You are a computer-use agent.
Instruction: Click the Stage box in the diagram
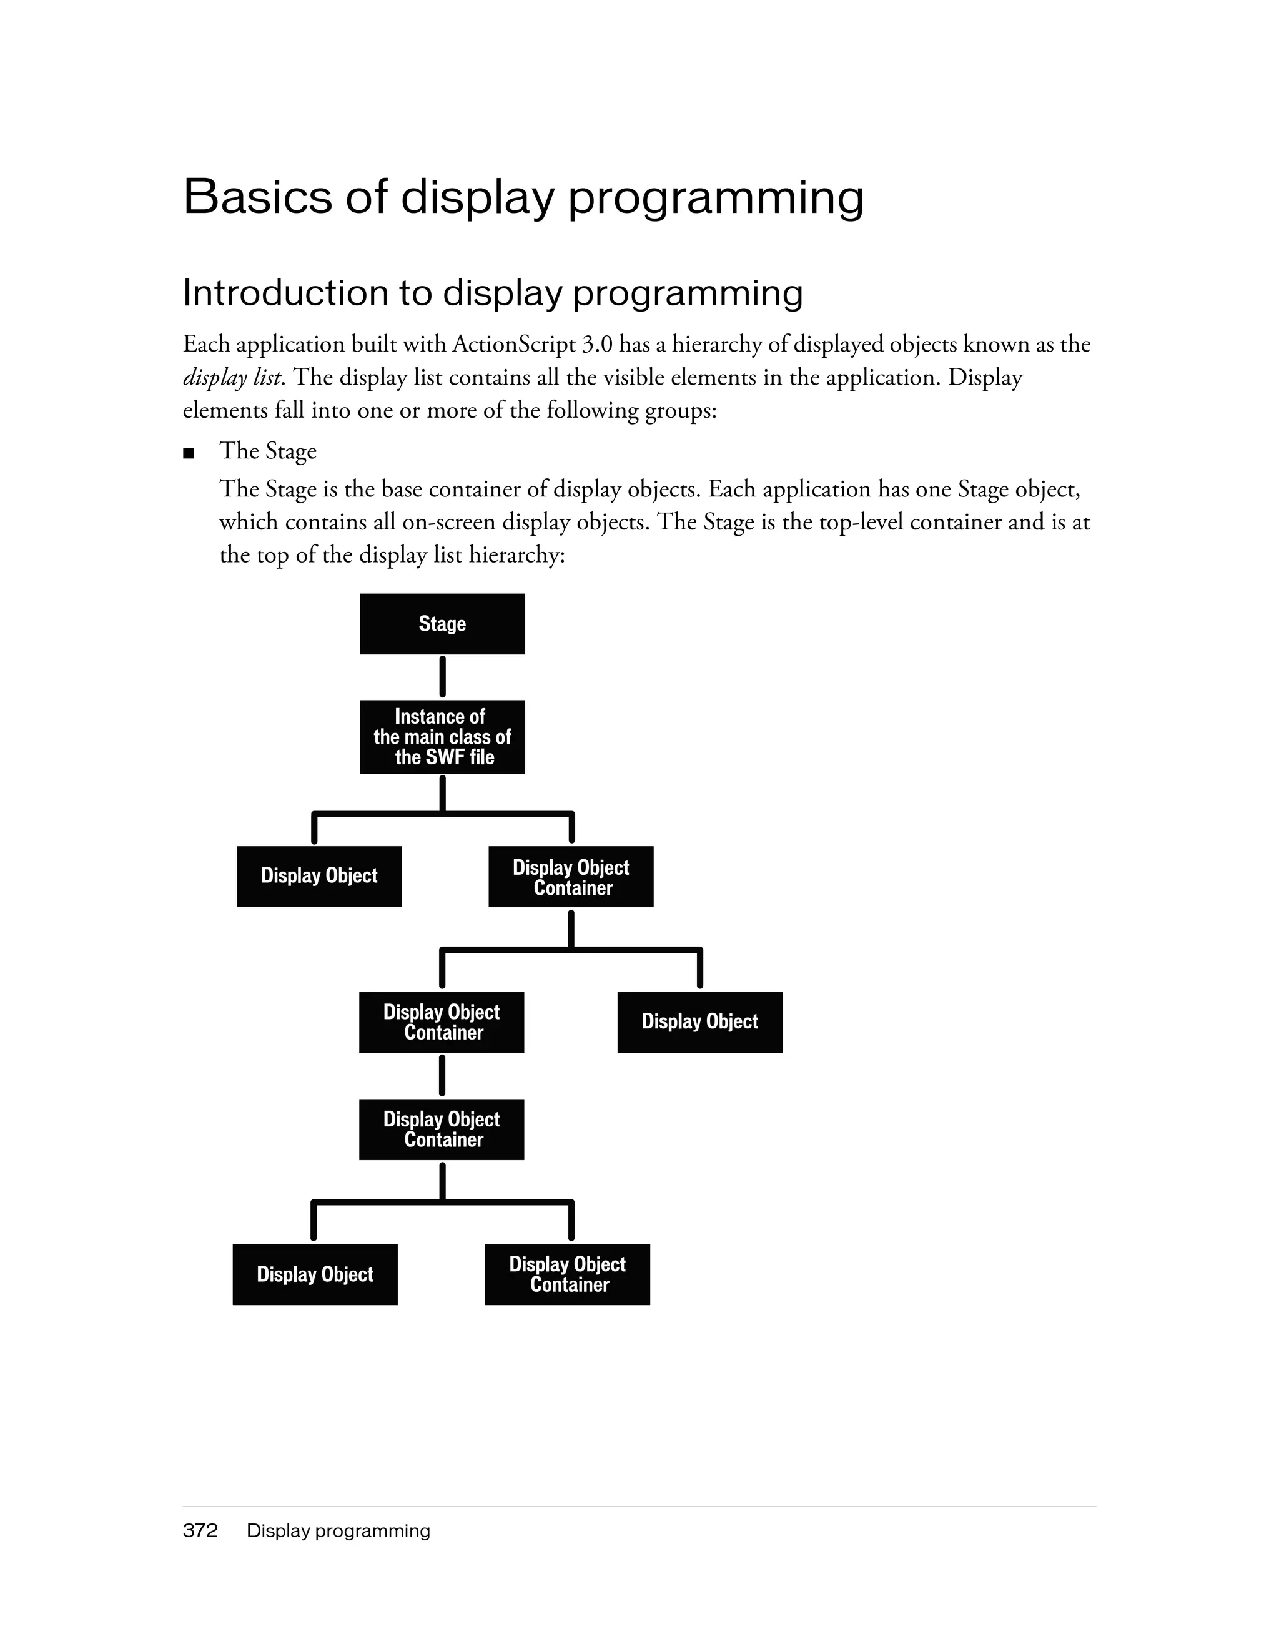click(442, 623)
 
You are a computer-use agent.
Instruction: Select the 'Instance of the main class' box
click(442, 736)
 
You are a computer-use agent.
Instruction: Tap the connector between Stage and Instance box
click(442, 677)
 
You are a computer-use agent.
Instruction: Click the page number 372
click(200, 1530)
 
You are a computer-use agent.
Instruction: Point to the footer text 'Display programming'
click(338, 1530)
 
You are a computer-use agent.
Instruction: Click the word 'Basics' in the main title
click(258, 197)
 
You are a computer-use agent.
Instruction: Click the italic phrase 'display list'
click(232, 377)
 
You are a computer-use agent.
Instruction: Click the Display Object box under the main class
click(319, 875)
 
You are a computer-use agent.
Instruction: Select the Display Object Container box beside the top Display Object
click(571, 876)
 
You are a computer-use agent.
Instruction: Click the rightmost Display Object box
click(699, 1021)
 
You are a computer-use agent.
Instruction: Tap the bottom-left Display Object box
click(315, 1274)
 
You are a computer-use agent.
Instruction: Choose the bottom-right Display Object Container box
click(567, 1274)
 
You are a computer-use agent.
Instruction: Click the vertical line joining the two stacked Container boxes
click(442, 1076)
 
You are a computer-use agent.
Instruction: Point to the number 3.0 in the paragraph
click(598, 344)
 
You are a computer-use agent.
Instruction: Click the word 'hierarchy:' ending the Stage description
click(516, 555)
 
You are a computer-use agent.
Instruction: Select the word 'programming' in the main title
click(715, 197)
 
